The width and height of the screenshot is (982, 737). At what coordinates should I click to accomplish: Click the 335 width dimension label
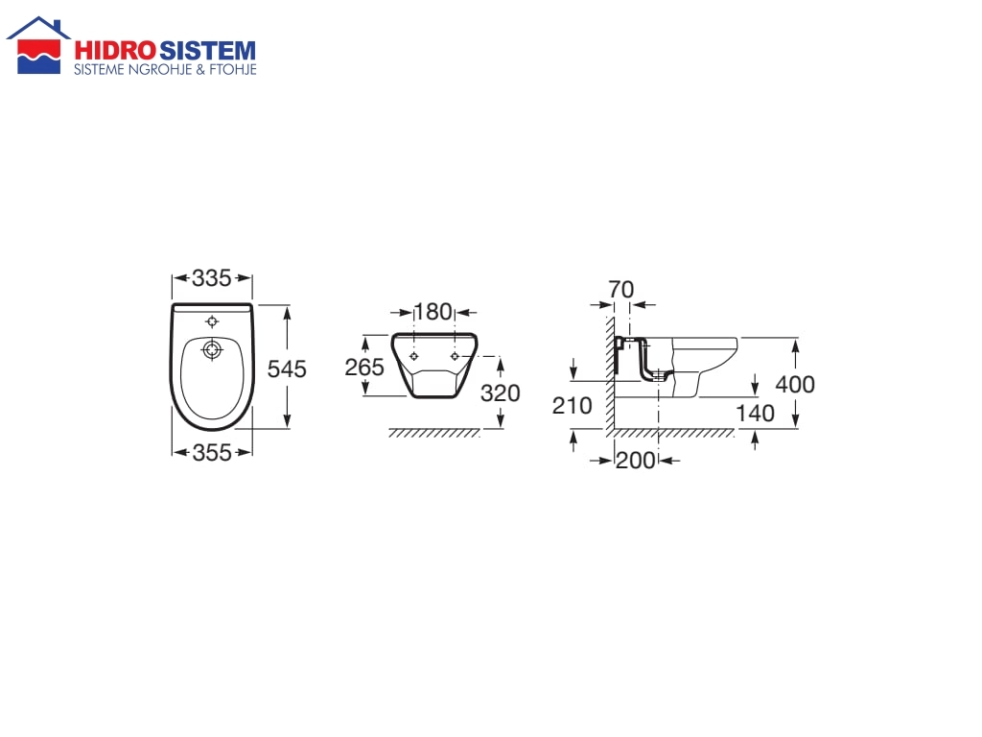212,277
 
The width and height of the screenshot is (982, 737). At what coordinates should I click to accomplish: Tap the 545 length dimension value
287,368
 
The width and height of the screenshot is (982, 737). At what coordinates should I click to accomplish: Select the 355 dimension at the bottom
212,453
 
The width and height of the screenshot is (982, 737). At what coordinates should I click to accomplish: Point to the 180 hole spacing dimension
433,312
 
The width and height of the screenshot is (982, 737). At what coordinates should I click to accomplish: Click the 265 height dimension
363,367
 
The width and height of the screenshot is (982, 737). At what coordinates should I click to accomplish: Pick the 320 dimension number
500,392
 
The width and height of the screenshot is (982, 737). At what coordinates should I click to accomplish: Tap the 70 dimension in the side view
621,289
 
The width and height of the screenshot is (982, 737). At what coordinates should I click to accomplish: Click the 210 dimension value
572,406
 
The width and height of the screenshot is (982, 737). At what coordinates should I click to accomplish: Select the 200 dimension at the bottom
635,461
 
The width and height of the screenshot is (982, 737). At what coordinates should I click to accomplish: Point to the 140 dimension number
755,413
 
